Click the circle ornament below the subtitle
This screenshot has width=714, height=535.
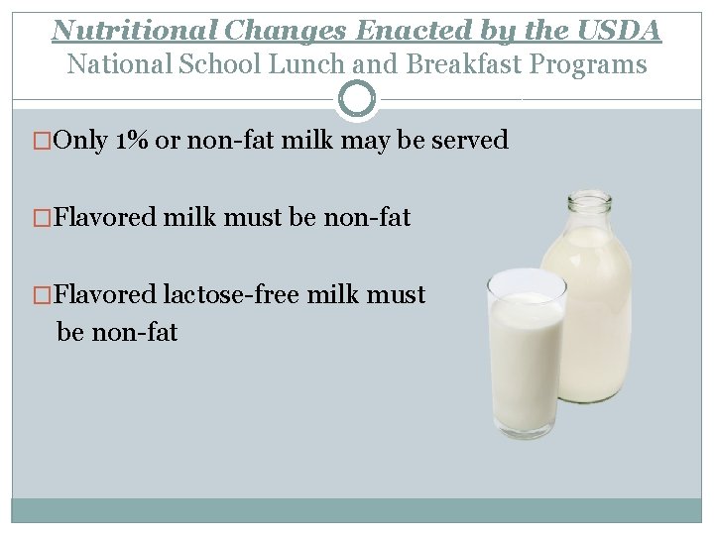pos(357,98)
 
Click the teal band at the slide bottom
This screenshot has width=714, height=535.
pos(357,510)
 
